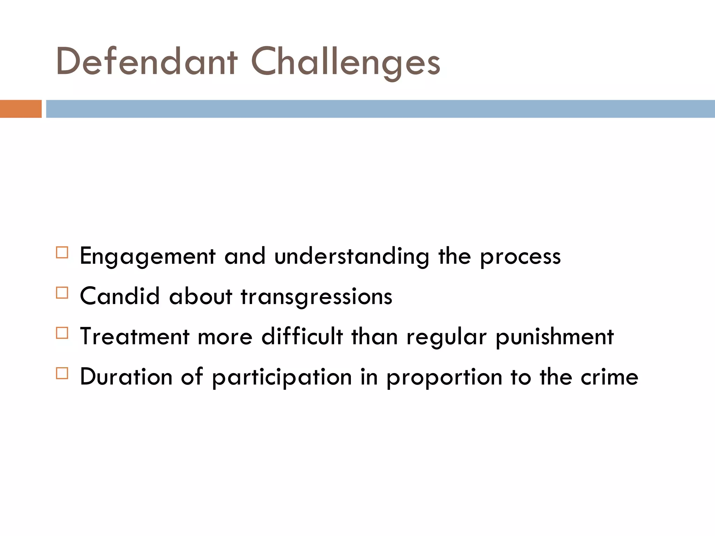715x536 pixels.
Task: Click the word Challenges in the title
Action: point(346,63)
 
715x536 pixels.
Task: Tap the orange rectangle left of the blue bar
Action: point(21,109)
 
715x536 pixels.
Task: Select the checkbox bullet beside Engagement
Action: point(62,252)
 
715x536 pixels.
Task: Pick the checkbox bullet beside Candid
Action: point(62,293)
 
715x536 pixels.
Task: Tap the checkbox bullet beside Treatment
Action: point(62,333)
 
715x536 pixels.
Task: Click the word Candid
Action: point(120,297)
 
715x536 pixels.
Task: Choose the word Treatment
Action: point(135,337)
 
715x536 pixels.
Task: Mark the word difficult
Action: point(302,337)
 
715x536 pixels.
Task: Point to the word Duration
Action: point(126,377)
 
